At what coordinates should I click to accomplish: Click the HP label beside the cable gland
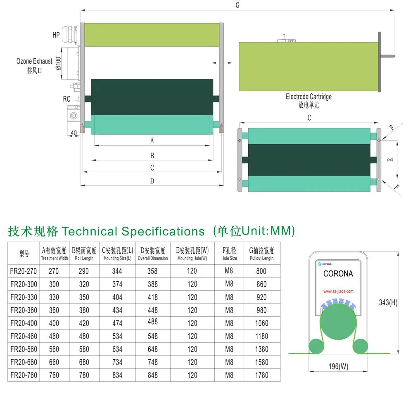pyautogui.click(x=56, y=35)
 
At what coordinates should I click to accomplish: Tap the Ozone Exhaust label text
pyautogui.click(x=34, y=61)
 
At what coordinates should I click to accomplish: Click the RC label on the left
pyautogui.click(x=66, y=99)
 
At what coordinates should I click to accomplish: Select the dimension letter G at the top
pyautogui.click(x=237, y=5)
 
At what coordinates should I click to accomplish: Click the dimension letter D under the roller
pyautogui.click(x=152, y=181)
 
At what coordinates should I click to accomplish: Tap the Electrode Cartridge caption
pyautogui.click(x=309, y=97)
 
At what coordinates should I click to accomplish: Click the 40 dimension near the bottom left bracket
pyautogui.click(x=74, y=133)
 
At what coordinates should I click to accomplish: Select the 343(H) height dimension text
pyautogui.click(x=388, y=302)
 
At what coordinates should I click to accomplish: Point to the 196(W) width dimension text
pyautogui.click(x=339, y=366)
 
